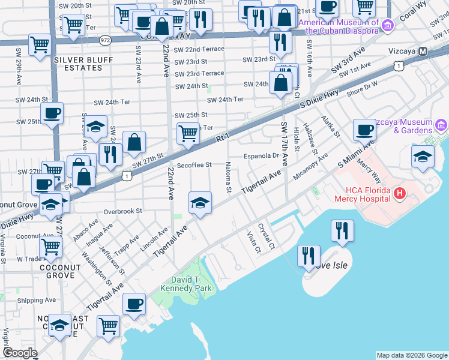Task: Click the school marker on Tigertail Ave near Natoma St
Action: (x=200, y=202)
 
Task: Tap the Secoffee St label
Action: (x=194, y=165)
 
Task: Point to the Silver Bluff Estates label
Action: (x=79, y=64)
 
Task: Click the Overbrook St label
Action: (x=122, y=211)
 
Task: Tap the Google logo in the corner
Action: (x=20, y=353)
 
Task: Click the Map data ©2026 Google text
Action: (x=411, y=355)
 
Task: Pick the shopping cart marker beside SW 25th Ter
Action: (x=188, y=133)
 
